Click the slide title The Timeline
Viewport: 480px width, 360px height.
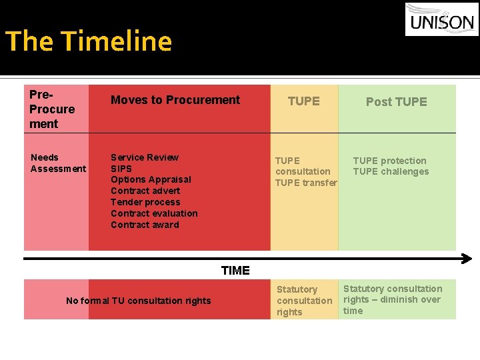[89, 41]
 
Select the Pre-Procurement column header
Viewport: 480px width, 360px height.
[52, 109]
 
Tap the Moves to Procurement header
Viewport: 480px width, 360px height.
[175, 100]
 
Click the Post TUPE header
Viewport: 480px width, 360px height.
[396, 101]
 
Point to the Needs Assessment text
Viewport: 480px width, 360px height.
[58, 163]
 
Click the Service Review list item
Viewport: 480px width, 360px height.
[145, 157]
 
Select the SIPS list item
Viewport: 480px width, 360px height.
[121, 169]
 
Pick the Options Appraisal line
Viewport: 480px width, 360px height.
[151, 179]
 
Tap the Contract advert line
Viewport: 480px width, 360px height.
[145, 191]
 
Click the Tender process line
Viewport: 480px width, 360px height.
[145, 202]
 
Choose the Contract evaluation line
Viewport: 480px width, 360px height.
[154, 213]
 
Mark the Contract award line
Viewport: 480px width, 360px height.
[145, 225]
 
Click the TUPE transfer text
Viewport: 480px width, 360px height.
[306, 183]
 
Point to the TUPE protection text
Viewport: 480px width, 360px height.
[389, 161]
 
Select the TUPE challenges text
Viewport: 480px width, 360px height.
[391, 171]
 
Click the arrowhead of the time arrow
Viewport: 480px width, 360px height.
[467, 259]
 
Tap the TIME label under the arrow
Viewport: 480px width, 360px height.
[235, 270]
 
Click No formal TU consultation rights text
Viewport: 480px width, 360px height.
[138, 301]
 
